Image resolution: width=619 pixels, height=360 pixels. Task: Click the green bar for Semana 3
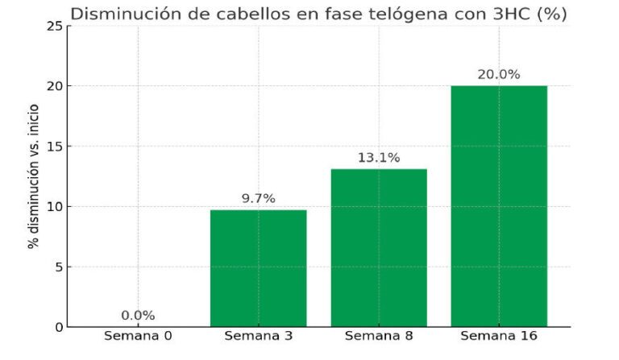pos(258,268)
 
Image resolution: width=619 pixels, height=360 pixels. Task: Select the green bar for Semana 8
pos(378,248)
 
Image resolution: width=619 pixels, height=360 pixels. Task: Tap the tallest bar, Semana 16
pos(499,206)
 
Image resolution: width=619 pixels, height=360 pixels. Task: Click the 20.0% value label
pos(499,74)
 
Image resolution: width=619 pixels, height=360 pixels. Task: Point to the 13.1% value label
pos(378,158)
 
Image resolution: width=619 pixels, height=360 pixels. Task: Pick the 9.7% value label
pos(258,199)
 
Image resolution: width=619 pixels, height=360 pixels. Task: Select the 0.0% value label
pos(138,316)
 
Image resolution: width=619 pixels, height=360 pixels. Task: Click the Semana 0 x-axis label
pos(138,335)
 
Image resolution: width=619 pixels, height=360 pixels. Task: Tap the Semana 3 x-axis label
pos(258,335)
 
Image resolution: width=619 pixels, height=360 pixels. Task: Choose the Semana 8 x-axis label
pos(378,335)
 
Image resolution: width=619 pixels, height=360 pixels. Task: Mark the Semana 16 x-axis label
pos(499,335)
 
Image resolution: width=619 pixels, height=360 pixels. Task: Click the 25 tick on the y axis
pos(55,26)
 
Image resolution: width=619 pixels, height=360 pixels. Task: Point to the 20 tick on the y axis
pos(55,86)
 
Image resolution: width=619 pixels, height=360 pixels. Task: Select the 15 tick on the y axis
pos(55,147)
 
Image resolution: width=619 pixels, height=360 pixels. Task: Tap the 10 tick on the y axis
pos(55,207)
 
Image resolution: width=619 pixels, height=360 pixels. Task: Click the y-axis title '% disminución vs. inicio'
pos(34,176)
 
